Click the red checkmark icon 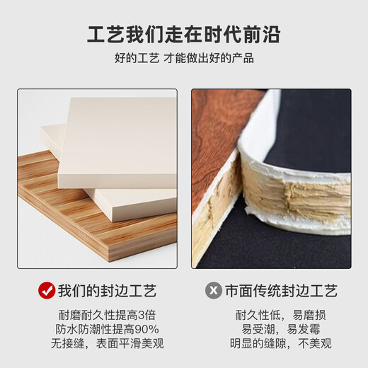coord(47,290)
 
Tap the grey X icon coord(214,290)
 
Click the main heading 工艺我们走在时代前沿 coord(184,35)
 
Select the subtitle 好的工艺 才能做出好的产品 coord(184,58)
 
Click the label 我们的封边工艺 coord(108,291)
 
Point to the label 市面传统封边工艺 coord(282,291)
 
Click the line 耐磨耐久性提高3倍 coord(107,315)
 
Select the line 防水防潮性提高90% coord(107,329)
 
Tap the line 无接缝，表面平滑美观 coord(107,343)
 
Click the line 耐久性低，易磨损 coord(281,315)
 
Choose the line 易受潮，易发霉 coord(281,329)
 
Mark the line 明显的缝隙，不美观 coord(281,343)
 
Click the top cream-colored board coord(118,142)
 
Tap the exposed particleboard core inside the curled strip coord(295,196)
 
